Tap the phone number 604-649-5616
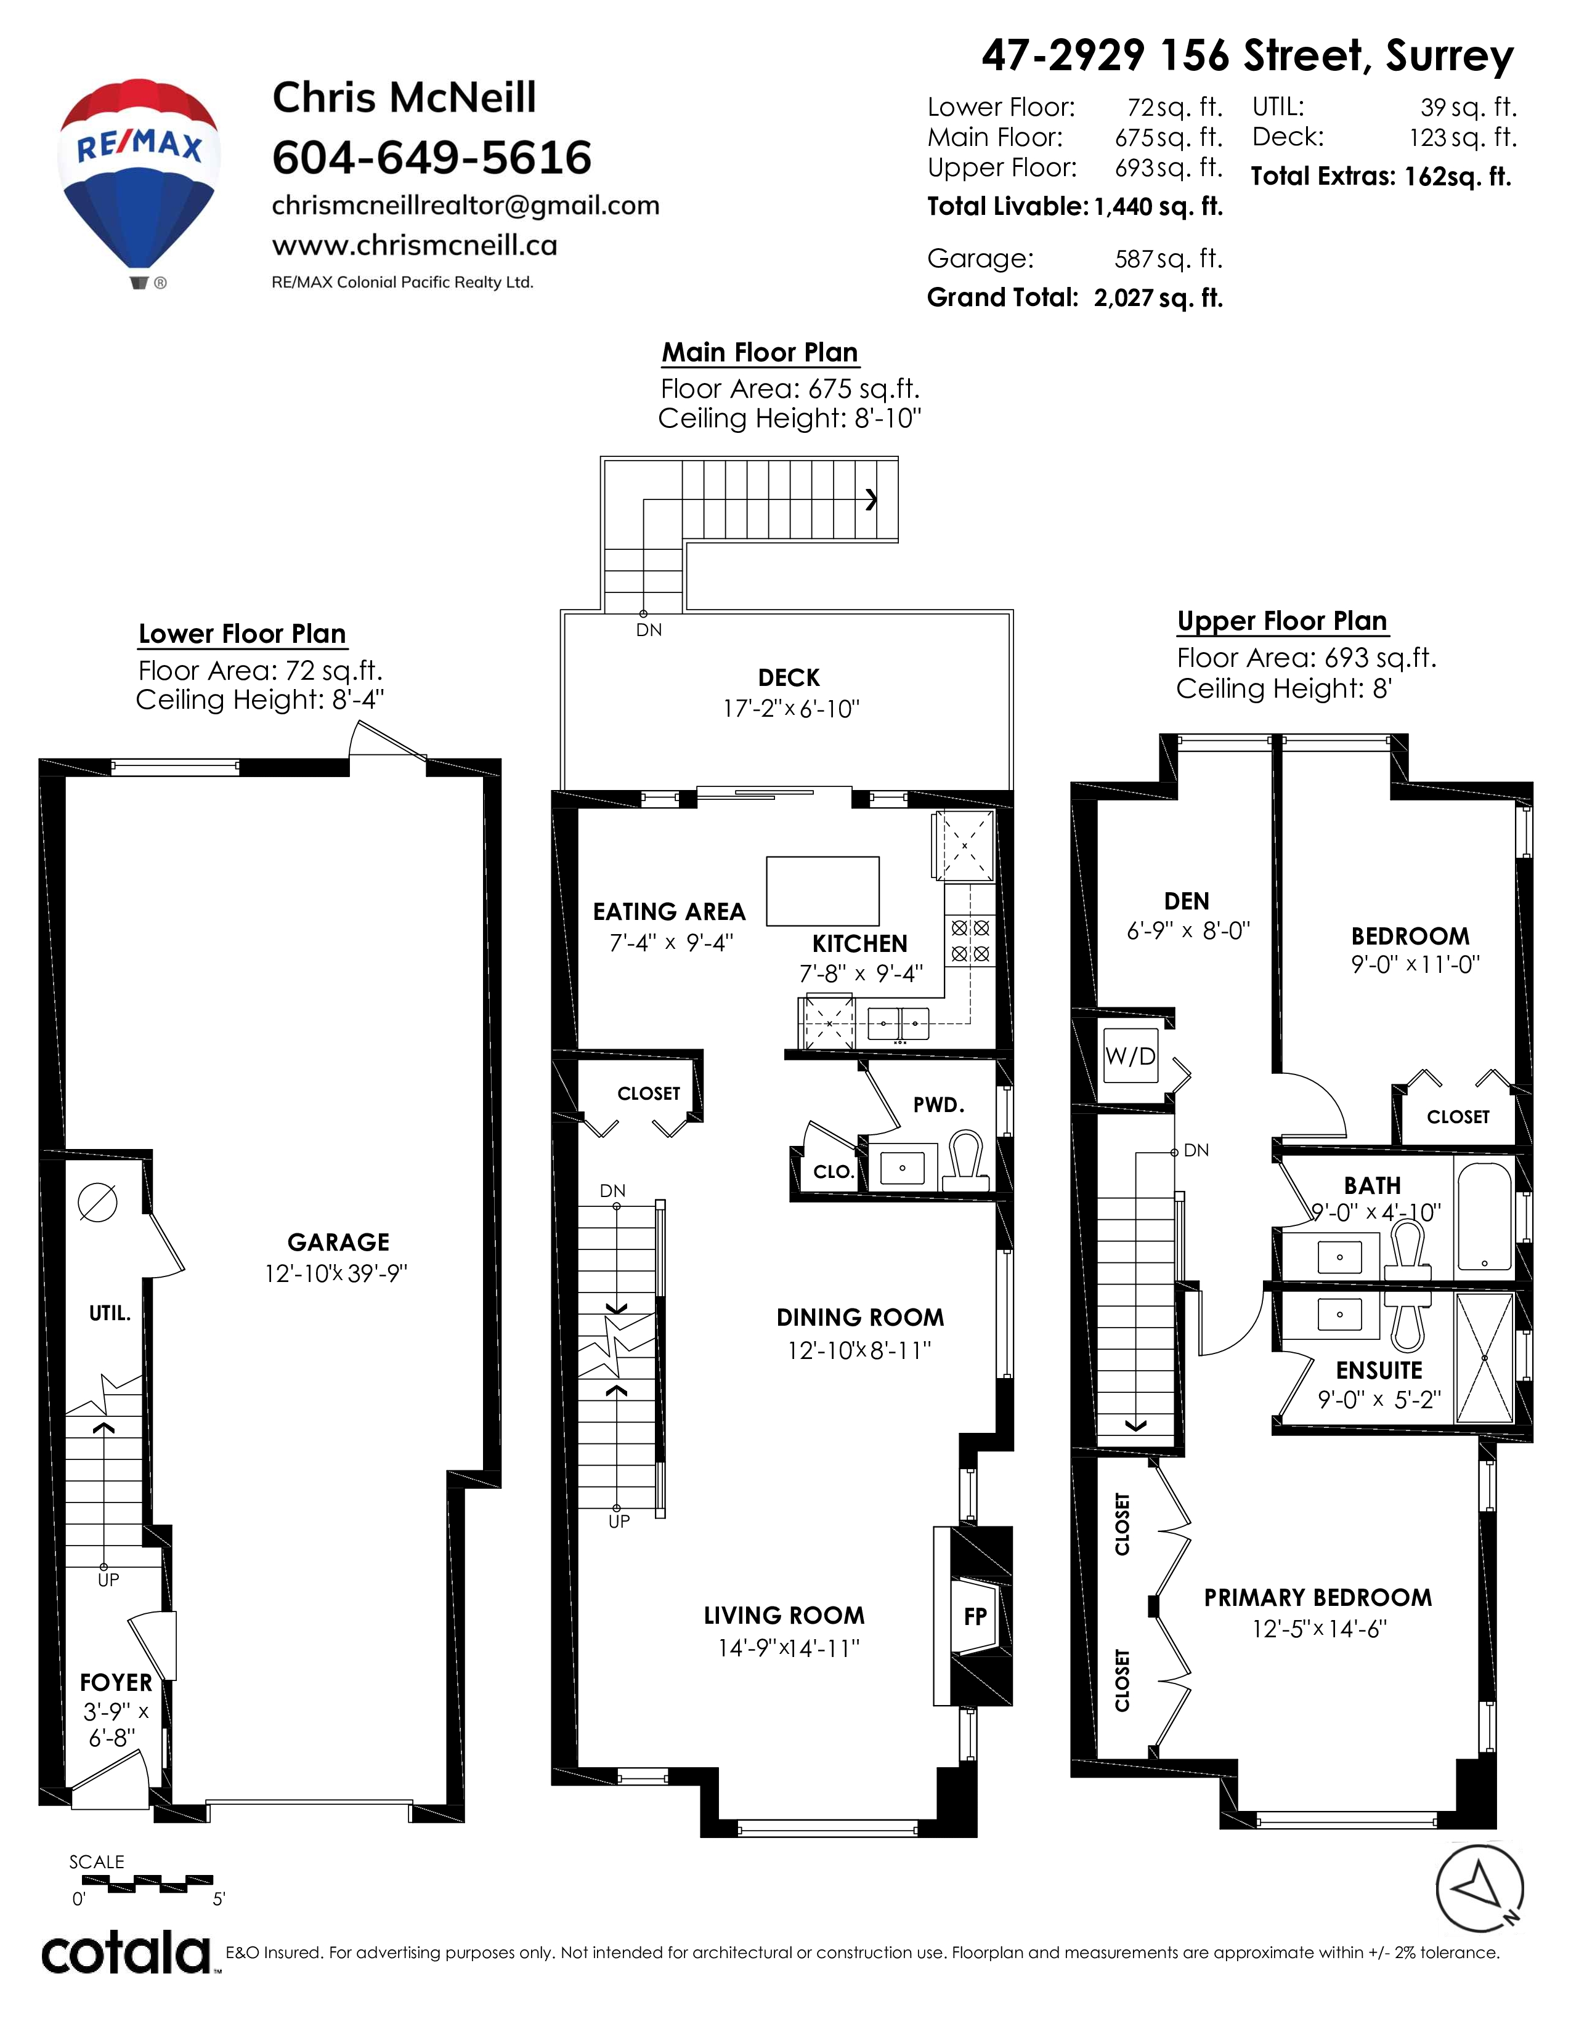click(432, 157)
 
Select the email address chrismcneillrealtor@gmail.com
click(465, 206)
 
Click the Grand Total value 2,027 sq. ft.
click(1158, 298)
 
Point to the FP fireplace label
click(975, 1616)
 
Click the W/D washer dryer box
click(1130, 1056)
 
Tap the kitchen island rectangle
click(822, 890)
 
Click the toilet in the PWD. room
click(966, 1160)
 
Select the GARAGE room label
click(338, 1242)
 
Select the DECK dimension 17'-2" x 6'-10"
click(791, 709)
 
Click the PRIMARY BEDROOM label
click(1318, 1597)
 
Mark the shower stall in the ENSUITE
click(1485, 1358)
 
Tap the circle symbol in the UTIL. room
click(98, 1202)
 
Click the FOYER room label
click(115, 1682)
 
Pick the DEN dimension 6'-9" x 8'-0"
click(1188, 930)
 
